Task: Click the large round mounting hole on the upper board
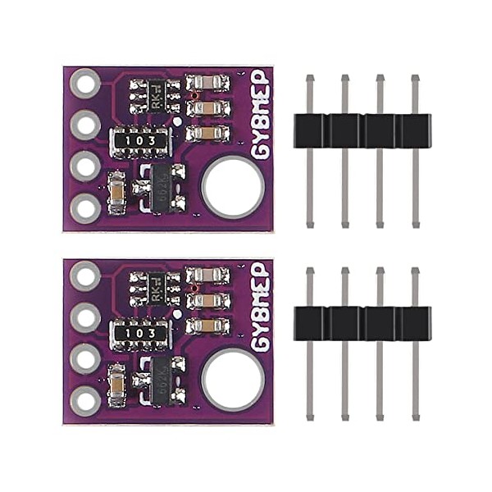(x=233, y=186)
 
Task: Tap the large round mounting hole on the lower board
(x=233, y=379)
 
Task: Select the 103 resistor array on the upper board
(x=140, y=141)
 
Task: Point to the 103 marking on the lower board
(x=140, y=334)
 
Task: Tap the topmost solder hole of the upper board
(x=85, y=83)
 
